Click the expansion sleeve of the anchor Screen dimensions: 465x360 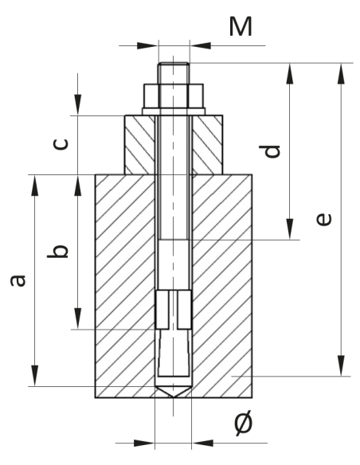pos(173,311)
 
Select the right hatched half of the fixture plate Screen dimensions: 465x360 pos(205,145)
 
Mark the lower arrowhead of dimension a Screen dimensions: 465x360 pos(35,379)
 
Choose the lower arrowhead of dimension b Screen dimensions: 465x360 pos(77,322)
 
